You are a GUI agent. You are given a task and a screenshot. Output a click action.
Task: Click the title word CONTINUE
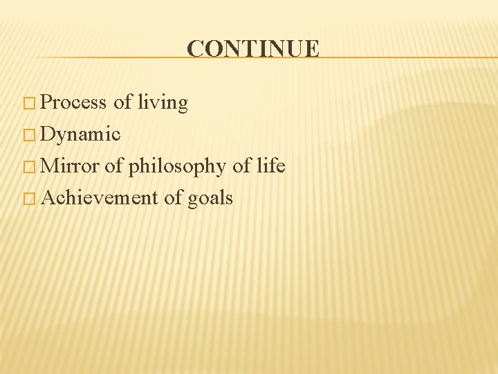pos(253,49)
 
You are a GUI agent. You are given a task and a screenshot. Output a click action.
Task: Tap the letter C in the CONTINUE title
pos(195,49)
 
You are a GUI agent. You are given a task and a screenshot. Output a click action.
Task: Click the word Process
pos(73,103)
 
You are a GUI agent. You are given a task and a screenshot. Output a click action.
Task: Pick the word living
pos(163,103)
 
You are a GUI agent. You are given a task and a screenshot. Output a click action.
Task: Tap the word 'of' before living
pos(122,103)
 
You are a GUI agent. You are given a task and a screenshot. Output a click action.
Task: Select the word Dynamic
pos(81,134)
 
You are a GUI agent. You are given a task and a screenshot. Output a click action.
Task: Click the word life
pos(270,166)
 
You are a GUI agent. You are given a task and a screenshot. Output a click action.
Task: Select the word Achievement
pos(100,198)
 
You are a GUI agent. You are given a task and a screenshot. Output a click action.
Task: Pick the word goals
pos(210,199)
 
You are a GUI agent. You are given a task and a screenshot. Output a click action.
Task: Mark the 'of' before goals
pos(173,198)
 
